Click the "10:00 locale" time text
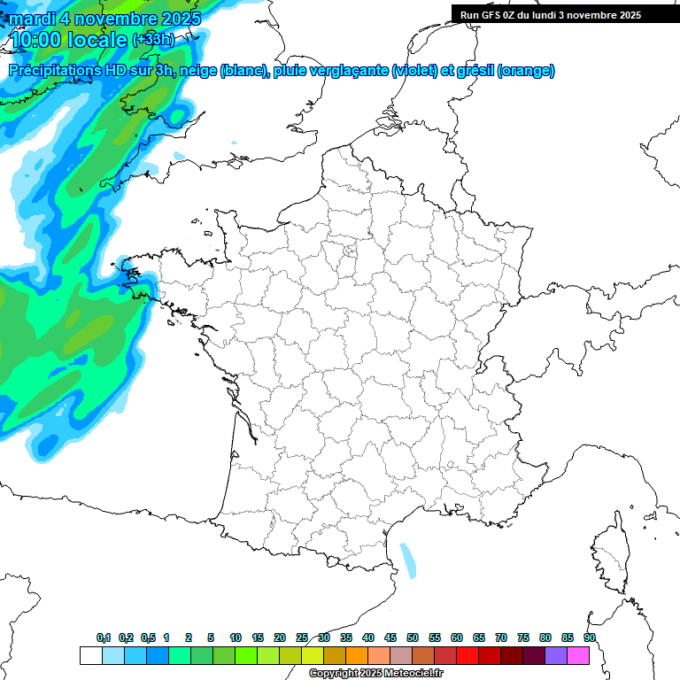click(69, 38)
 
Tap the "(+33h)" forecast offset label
click(154, 39)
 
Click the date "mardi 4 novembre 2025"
click(98, 18)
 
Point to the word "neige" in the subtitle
click(198, 71)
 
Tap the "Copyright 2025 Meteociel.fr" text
click(375, 674)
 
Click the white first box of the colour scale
click(90, 655)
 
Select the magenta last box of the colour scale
click(578, 655)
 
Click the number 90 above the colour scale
click(590, 637)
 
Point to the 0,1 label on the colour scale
click(104, 637)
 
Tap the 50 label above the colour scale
click(413, 637)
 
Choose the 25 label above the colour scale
click(302, 637)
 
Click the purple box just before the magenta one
click(556, 655)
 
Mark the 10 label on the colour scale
click(236, 637)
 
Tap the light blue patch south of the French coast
click(408, 560)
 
